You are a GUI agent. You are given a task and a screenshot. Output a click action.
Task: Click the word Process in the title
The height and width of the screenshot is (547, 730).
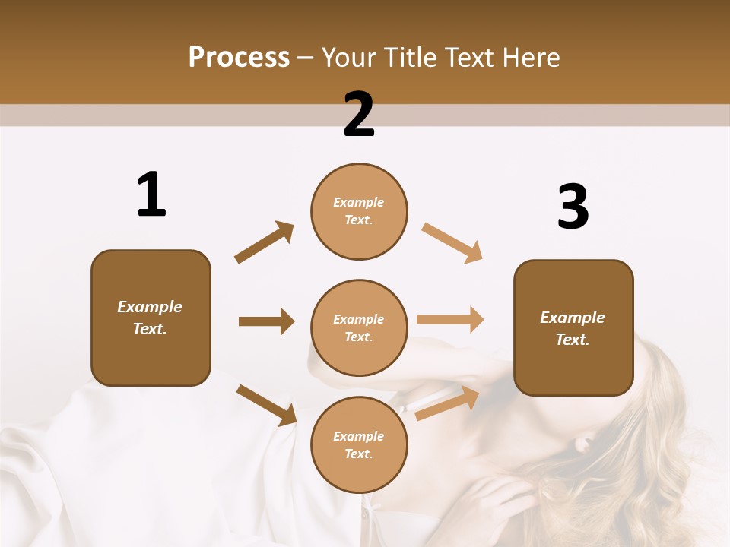click(239, 58)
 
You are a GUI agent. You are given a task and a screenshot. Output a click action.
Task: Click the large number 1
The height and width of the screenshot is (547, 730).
click(151, 194)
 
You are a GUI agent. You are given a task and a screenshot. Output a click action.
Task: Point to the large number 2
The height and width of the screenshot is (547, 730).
click(359, 115)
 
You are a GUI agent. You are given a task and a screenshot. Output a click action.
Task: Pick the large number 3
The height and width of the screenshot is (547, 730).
click(573, 207)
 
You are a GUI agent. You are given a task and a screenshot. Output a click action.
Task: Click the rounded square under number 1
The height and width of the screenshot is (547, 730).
click(151, 318)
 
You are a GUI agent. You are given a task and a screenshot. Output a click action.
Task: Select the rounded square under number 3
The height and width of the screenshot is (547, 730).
click(573, 327)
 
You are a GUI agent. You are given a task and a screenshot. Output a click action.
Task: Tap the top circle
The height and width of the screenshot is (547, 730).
click(359, 211)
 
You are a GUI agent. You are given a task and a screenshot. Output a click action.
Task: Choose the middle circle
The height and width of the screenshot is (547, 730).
click(359, 327)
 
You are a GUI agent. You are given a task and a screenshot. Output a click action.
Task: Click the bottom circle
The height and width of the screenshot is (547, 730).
click(359, 444)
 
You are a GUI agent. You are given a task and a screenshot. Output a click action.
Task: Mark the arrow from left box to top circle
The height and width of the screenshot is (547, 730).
click(264, 242)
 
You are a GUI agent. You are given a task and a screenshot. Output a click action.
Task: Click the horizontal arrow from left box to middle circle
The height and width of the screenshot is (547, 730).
click(266, 321)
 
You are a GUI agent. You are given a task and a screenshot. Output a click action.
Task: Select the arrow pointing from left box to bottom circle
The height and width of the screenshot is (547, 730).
click(266, 405)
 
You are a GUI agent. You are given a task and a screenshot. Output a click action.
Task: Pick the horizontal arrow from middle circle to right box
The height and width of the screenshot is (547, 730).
click(450, 320)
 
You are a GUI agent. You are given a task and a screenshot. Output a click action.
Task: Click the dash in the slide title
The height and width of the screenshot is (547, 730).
click(305, 58)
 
